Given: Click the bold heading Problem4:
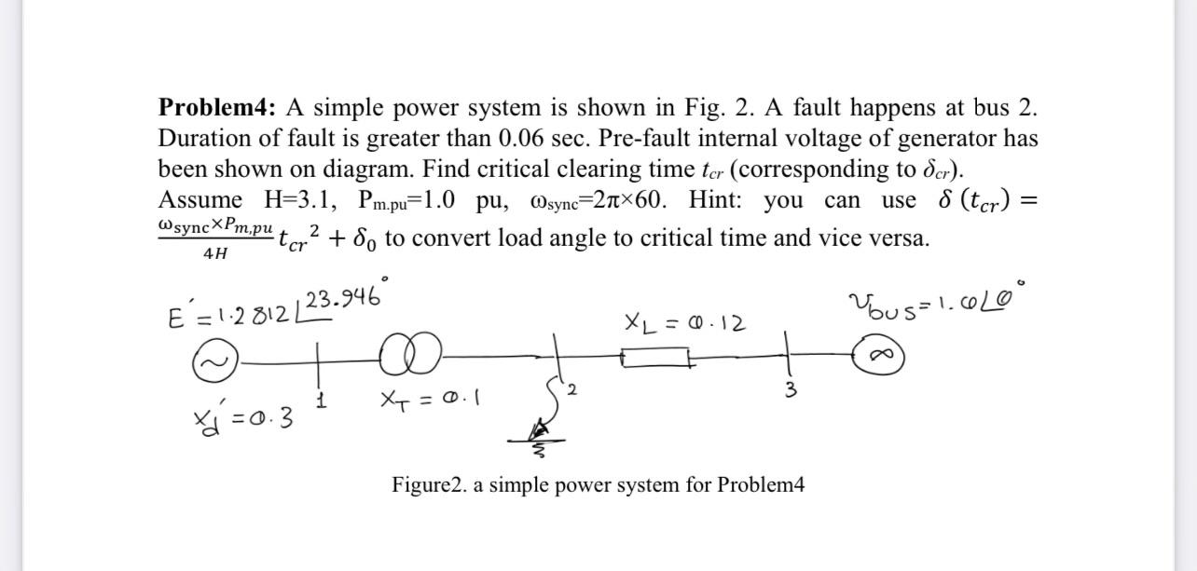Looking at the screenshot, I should [218, 109].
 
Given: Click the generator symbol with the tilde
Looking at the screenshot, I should [211, 360].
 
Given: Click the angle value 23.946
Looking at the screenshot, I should [341, 299].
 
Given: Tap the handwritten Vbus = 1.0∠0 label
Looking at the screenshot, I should [932, 303].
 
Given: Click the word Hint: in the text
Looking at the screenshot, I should [720, 200].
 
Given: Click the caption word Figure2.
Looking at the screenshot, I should [433, 485].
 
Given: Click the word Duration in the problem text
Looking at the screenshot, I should [209, 139].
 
